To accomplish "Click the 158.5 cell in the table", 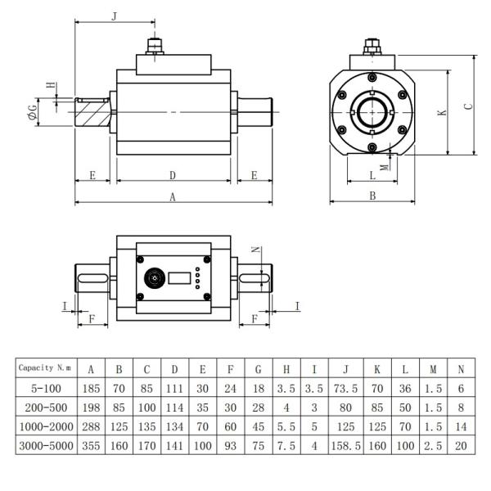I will [x=346, y=446].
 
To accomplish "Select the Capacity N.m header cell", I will [x=47, y=368].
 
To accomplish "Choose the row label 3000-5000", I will [x=47, y=446].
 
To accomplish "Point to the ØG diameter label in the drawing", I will [x=32, y=112].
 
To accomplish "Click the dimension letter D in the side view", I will [x=173, y=175].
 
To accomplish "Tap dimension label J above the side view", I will [x=114, y=15].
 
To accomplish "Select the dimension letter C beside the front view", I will [x=467, y=106].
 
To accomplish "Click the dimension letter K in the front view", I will [x=442, y=112].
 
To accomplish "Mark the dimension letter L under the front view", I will [x=372, y=175].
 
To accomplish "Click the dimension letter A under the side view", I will [x=173, y=196].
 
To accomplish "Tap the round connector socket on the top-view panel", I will [x=151, y=278].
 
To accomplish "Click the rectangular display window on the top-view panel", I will [x=180, y=278].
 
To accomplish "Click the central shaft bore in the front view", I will [x=372, y=112].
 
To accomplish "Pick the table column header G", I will [x=258, y=368].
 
